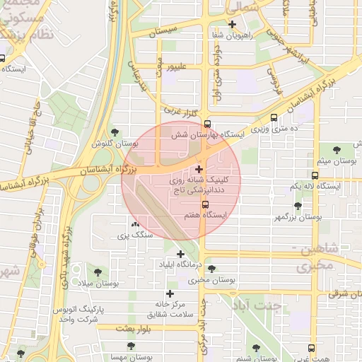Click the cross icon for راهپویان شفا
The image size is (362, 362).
pyautogui.click(x=232, y=24)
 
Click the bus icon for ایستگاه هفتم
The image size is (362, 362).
pyautogui.click(x=205, y=204)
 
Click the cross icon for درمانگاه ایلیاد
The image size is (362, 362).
pyautogui.click(x=180, y=254)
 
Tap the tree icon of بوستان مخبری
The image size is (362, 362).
pyautogui.click(x=211, y=269)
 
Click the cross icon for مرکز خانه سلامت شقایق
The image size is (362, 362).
pyautogui.click(x=170, y=293)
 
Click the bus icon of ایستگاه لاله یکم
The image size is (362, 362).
pyautogui.click(x=315, y=175)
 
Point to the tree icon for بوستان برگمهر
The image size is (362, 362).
pyautogui.click(x=298, y=206)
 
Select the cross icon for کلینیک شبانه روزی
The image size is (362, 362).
pyautogui.click(x=199, y=169)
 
